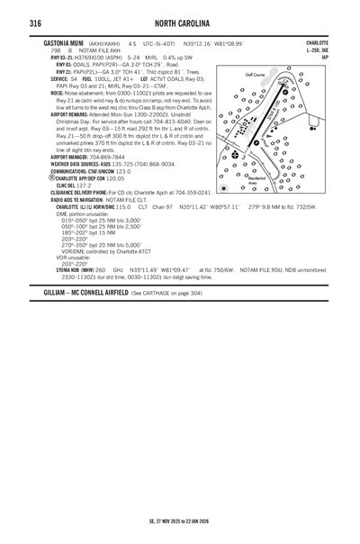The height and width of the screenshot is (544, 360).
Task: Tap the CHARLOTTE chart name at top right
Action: (x=317, y=42)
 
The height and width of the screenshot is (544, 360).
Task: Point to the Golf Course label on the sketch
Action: (x=256, y=75)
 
